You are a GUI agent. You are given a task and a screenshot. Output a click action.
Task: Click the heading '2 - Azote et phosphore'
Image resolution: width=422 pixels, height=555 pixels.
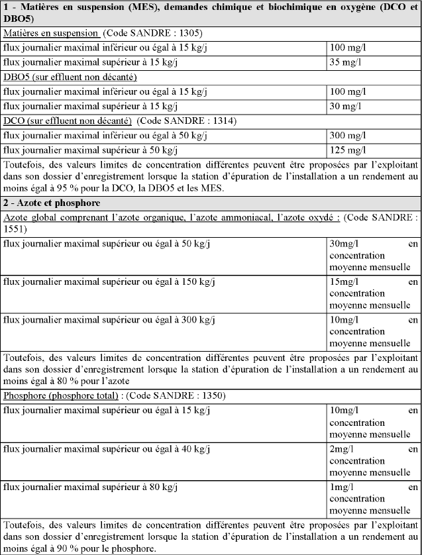(x=52, y=203)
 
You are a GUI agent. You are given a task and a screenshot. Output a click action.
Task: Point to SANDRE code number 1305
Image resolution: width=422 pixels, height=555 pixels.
(x=187, y=32)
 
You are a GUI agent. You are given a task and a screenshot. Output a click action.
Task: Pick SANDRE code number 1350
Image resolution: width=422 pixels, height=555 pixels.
(x=210, y=396)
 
